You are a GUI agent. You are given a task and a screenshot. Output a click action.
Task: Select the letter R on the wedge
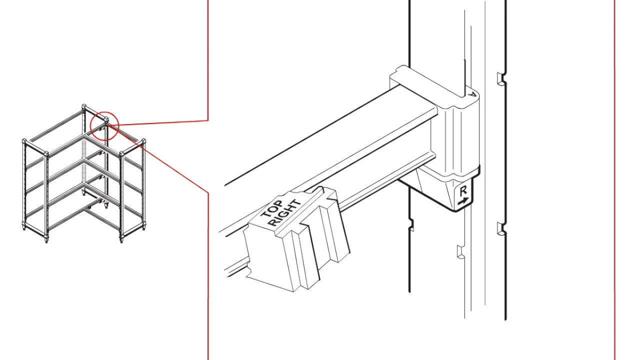point(463,191)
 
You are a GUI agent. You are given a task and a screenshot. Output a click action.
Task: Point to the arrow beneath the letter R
point(463,201)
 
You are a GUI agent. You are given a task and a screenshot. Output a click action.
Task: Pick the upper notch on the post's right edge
point(500,78)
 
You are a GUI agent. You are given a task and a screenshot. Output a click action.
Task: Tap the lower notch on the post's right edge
point(500,229)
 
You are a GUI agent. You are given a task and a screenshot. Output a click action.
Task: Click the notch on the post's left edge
point(411,225)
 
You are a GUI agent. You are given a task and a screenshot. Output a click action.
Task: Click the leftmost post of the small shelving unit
point(24,185)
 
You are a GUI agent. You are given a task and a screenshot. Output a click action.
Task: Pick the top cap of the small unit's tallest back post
point(84,106)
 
